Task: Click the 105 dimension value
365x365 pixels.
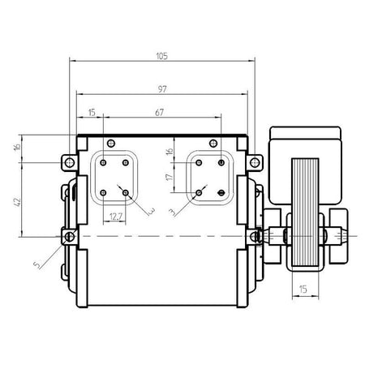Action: click(x=162, y=56)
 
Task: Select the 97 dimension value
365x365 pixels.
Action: click(x=162, y=89)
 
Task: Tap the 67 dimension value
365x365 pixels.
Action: click(x=160, y=112)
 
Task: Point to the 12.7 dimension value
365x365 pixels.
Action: click(x=116, y=217)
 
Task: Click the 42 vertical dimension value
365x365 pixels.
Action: click(x=17, y=202)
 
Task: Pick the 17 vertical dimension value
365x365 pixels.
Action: click(x=169, y=178)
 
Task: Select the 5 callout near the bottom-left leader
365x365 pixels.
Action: click(x=36, y=265)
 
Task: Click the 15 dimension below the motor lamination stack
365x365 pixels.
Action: click(x=303, y=290)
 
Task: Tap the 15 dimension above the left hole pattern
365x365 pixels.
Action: click(x=92, y=113)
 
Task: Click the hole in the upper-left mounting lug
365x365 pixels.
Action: click(x=70, y=162)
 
